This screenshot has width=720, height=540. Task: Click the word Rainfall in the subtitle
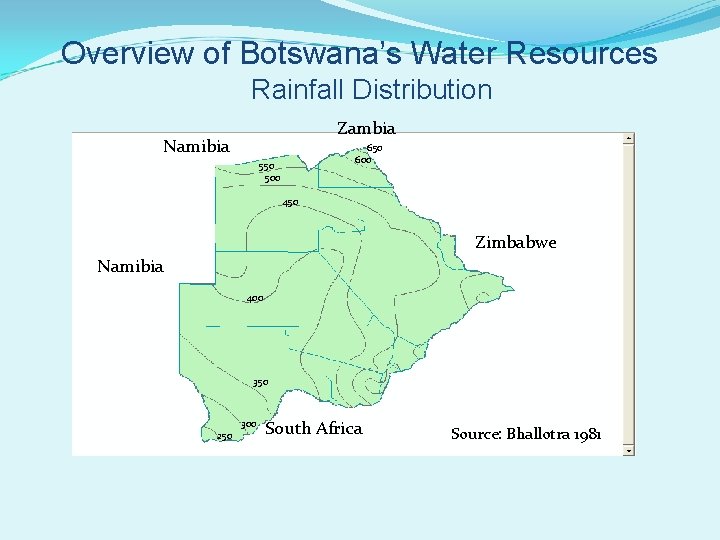[296, 90]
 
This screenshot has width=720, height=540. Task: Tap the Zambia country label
[366, 128]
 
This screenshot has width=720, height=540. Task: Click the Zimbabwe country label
[515, 242]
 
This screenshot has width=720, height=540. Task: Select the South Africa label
[314, 428]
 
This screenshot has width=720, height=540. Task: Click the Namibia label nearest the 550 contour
[196, 146]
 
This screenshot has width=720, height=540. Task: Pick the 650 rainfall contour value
[374, 148]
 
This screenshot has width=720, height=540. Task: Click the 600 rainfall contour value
[363, 160]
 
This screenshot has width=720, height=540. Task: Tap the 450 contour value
[290, 203]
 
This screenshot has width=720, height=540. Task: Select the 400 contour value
[255, 299]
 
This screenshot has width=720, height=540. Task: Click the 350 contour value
[260, 383]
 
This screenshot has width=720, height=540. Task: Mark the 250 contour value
[225, 436]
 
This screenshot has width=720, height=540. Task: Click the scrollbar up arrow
[628, 139]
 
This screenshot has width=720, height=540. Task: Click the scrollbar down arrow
[628, 450]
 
